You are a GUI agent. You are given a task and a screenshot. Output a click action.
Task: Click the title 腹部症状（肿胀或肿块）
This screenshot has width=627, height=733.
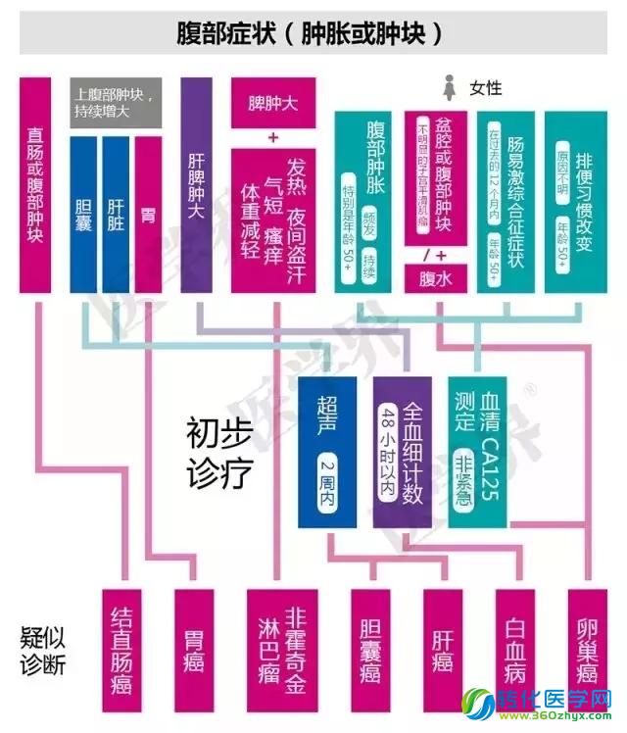tap(313, 32)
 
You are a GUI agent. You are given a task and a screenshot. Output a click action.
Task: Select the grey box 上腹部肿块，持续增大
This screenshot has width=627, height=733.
tap(116, 103)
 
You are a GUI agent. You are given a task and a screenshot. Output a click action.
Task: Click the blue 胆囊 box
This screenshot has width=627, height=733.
tap(83, 213)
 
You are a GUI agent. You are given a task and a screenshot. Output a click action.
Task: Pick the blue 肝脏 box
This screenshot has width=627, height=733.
tap(116, 213)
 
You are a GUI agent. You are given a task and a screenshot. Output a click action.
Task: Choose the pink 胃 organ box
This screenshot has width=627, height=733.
tap(147, 213)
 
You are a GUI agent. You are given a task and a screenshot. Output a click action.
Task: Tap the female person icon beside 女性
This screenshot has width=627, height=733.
tap(452, 87)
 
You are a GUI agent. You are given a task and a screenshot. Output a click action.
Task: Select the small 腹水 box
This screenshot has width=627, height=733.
tap(434, 278)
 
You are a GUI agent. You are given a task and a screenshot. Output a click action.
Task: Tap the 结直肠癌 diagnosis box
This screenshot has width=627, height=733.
tap(122, 643)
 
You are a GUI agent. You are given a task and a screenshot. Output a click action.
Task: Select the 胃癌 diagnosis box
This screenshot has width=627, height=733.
tap(193, 643)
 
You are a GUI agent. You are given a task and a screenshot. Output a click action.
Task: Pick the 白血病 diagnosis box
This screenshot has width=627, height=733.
tap(516, 643)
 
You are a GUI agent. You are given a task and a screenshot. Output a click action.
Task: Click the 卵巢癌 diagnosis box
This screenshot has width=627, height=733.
tap(587, 643)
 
